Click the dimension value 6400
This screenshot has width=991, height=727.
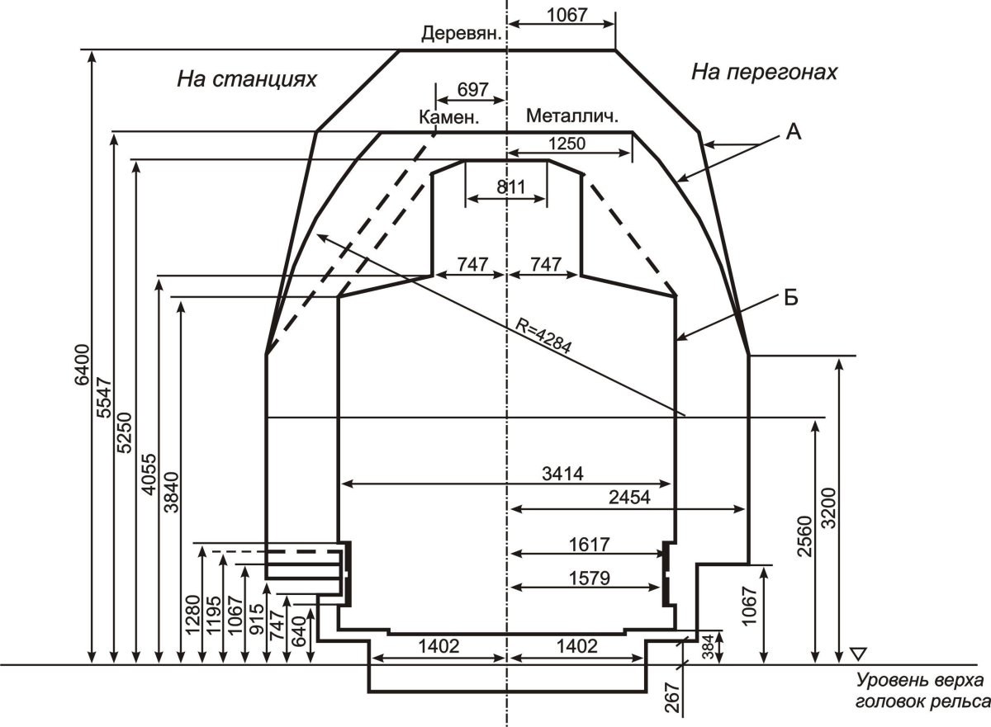[82, 366]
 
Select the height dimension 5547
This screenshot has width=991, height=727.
[105, 398]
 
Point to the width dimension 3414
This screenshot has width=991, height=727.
[562, 474]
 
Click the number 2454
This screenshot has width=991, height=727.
[629, 498]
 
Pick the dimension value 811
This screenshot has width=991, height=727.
[511, 187]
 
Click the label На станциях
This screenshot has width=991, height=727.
[247, 79]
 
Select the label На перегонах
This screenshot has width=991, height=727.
[764, 72]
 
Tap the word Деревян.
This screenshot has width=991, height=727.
[462, 33]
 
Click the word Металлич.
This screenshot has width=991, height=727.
[572, 116]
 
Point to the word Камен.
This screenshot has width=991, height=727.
[449, 117]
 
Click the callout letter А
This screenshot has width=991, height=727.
[794, 132]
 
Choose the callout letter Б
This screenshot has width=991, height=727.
[791, 298]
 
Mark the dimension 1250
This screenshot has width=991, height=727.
[567, 144]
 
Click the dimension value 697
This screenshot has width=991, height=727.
[472, 90]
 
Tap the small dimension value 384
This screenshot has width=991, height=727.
[709, 647]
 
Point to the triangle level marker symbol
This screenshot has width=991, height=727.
[859, 654]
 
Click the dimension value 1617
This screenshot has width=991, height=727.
[589, 545]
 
